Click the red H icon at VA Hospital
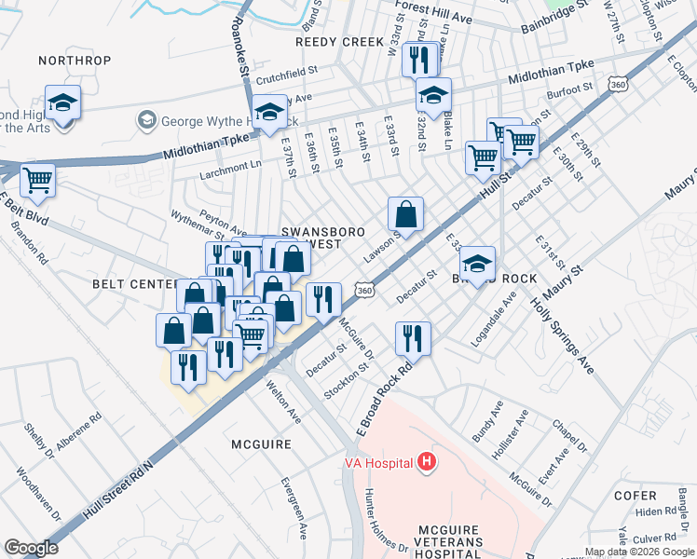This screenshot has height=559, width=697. [x=427, y=461]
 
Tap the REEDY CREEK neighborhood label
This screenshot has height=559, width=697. [x=339, y=42]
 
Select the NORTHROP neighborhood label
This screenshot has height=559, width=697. [x=75, y=61]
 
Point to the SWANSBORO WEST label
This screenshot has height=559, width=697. [x=320, y=236]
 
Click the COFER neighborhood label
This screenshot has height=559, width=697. [x=660, y=496]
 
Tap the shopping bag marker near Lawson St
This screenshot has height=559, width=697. [x=405, y=215]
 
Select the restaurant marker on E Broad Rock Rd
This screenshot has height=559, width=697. [x=413, y=340]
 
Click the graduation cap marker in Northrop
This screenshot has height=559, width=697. [x=63, y=102]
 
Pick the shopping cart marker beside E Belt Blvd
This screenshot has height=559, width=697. [x=37, y=180]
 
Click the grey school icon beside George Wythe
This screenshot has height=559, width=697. [x=145, y=120]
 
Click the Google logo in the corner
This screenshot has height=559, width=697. [x=31, y=547]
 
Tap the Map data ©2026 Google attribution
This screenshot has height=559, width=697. [x=638, y=552]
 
